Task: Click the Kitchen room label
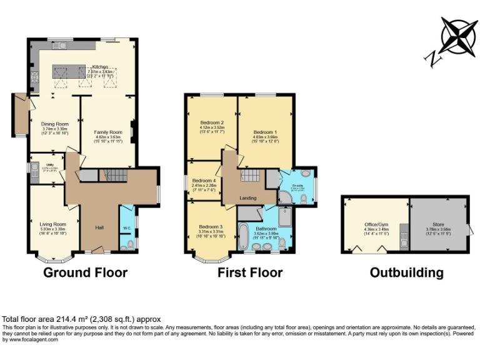(x=101, y=66)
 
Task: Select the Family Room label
(x=107, y=132)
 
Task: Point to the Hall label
(x=99, y=227)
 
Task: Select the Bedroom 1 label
(x=265, y=132)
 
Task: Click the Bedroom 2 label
(x=212, y=122)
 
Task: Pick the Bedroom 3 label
(x=211, y=226)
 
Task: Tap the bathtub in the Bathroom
(x=244, y=237)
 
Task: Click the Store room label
(x=437, y=224)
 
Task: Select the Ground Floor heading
(x=85, y=272)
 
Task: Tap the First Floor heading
(x=250, y=272)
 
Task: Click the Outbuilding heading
(x=406, y=272)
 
